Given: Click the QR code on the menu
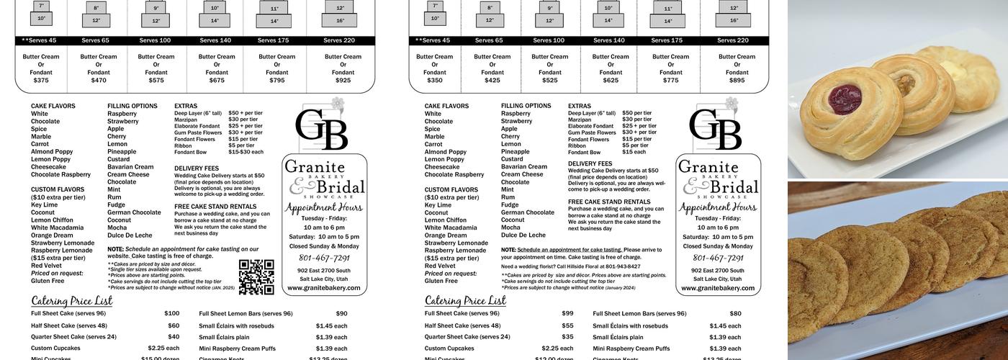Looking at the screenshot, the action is pyautogui.click(x=256, y=277).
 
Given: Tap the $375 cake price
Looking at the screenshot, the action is pyautogui.click(x=41, y=81).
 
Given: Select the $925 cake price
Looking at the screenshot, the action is pyautogui.click(x=343, y=81).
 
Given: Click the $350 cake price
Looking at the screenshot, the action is pyautogui.click(x=434, y=81).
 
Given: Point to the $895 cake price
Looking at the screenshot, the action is pyautogui.click(x=737, y=81).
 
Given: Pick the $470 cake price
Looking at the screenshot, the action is pyautogui.click(x=99, y=81).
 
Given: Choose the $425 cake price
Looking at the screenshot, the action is pyautogui.click(x=492, y=81).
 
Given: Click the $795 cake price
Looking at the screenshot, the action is pyautogui.click(x=276, y=81).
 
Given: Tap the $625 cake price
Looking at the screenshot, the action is pyautogui.click(x=611, y=81).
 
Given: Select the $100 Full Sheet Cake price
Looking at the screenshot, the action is pyautogui.click(x=172, y=314).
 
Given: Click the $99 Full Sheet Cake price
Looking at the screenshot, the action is pyautogui.click(x=567, y=314).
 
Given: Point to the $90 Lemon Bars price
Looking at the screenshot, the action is pyautogui.click(x=341, y=314).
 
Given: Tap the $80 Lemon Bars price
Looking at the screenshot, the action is pyautogui.click(x=735, y=314).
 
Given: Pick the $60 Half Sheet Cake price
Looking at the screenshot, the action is pyautogui.click(x=174, y=325).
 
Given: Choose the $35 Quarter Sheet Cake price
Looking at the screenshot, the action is pyautogui.click(x=568, y=337).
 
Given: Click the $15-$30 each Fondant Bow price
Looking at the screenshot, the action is pyautogui.click(x=246, y=152).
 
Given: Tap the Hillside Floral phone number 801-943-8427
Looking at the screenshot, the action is pyautogui.click(x=623, y=266).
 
